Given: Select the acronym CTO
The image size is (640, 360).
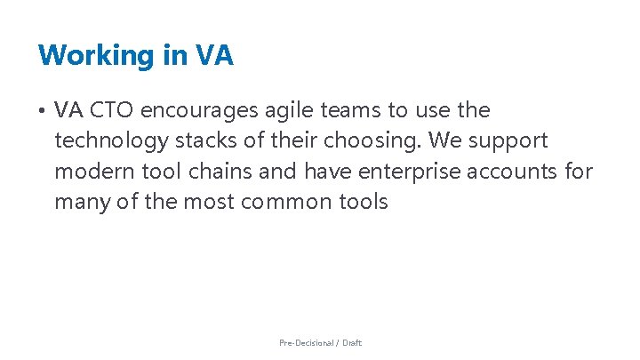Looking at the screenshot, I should (111, 110).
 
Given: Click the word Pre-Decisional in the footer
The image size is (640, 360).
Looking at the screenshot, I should (307, 342).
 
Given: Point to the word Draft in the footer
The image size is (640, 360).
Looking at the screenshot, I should (352, 342).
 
